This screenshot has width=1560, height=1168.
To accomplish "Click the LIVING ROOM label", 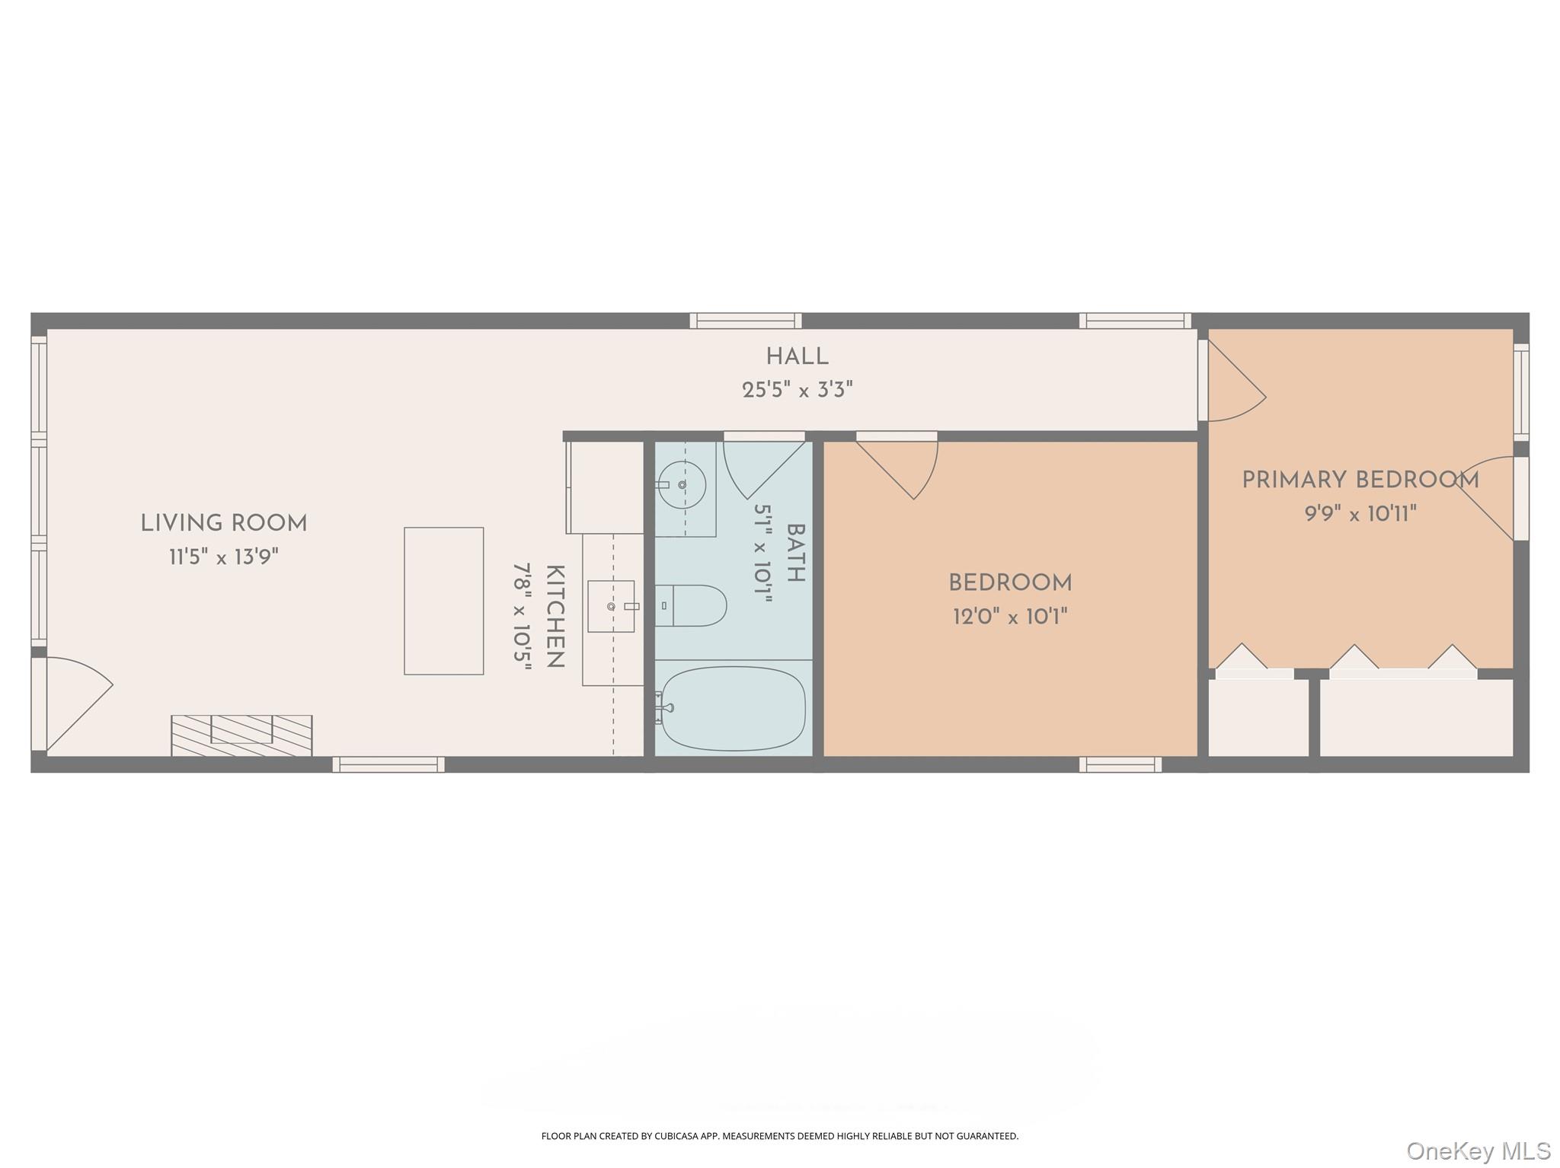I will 223,523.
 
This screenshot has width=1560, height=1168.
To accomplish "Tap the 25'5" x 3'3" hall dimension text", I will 797,390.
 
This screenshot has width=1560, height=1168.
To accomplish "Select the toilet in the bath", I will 691,605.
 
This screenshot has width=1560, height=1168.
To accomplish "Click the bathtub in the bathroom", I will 733,708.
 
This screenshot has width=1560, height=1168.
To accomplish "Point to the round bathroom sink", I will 682,484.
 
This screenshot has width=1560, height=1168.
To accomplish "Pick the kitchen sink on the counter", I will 611,606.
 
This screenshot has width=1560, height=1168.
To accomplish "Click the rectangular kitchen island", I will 443,601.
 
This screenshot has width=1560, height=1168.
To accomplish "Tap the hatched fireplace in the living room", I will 241,735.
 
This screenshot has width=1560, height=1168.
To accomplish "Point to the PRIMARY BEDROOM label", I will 1360,480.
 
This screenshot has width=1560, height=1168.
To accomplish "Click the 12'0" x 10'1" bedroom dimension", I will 1010,616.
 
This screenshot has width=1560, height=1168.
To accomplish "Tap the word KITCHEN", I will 555,616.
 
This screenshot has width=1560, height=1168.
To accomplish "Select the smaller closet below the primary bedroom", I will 1258,717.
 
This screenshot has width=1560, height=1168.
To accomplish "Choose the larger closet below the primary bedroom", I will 1415,717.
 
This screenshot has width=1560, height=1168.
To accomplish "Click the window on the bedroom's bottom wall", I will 1120,764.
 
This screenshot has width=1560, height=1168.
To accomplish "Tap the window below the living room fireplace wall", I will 388,764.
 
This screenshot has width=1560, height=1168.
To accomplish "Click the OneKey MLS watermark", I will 1478,1150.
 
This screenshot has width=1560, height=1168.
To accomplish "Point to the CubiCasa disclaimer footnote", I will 779,1136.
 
